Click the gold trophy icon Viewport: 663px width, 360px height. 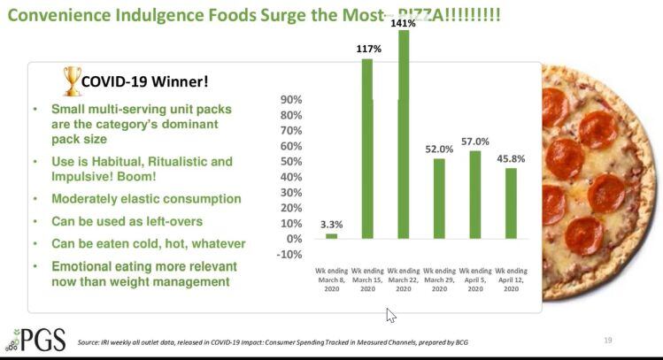pyautogui.click(x=73, y=80)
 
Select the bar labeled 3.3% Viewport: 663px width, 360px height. pyautogui.click(x=331, y=236)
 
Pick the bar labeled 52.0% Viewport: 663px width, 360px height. pyautogui.click(x=439, y=199)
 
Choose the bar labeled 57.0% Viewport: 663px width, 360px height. pyautogui.click(x=475, y=195)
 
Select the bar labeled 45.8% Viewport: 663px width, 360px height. pyautogui.click(x=511, y=203)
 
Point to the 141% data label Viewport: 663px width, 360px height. pyautogui.click(x=404, y=24)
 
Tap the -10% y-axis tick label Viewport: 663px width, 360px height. pyautogui.click(x=290, y=255)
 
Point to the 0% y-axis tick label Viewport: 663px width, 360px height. pyautogui.click(x=295, y=239)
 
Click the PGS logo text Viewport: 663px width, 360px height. pyautogui.click(x=41, y=338)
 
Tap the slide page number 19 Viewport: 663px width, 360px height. pyautogui.click(x=607, y=341)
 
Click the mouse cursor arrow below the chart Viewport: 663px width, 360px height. pyautogui.click(x=390, y=315)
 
